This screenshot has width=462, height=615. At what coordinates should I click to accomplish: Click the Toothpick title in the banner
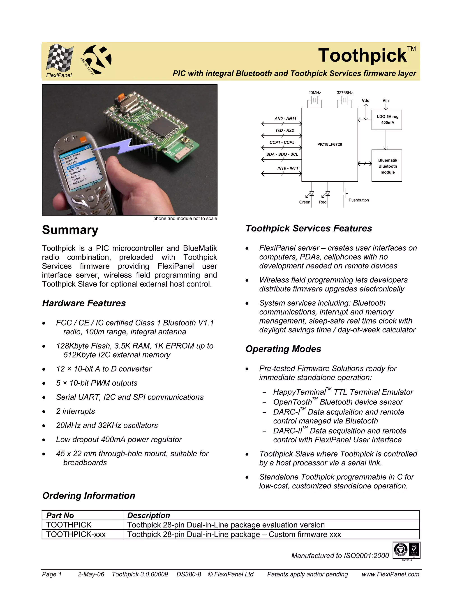tap(362, 55)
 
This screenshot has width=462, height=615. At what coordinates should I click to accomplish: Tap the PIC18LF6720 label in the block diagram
tap(329, 144)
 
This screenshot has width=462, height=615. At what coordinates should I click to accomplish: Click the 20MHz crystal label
tap(315, 92)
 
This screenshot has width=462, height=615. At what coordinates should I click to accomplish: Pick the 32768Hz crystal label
tap(345, 92)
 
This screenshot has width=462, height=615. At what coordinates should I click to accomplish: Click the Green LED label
tap(304, 202)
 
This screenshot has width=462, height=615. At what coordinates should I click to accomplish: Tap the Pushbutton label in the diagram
tap(359, 200)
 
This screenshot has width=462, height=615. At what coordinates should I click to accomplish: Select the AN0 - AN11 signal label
tap(286, 118)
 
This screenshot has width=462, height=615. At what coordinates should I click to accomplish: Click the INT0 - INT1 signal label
tap(288, 168)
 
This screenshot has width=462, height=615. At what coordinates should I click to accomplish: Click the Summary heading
tap(70, 230)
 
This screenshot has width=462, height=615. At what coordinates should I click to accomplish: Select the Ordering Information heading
tap(89, 495)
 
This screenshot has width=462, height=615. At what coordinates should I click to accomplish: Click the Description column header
tap(148, 515)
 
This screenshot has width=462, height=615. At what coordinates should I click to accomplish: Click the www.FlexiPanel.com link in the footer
tap(390, 574)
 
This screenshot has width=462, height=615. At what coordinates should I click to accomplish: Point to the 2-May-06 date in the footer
tap(91, 574)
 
